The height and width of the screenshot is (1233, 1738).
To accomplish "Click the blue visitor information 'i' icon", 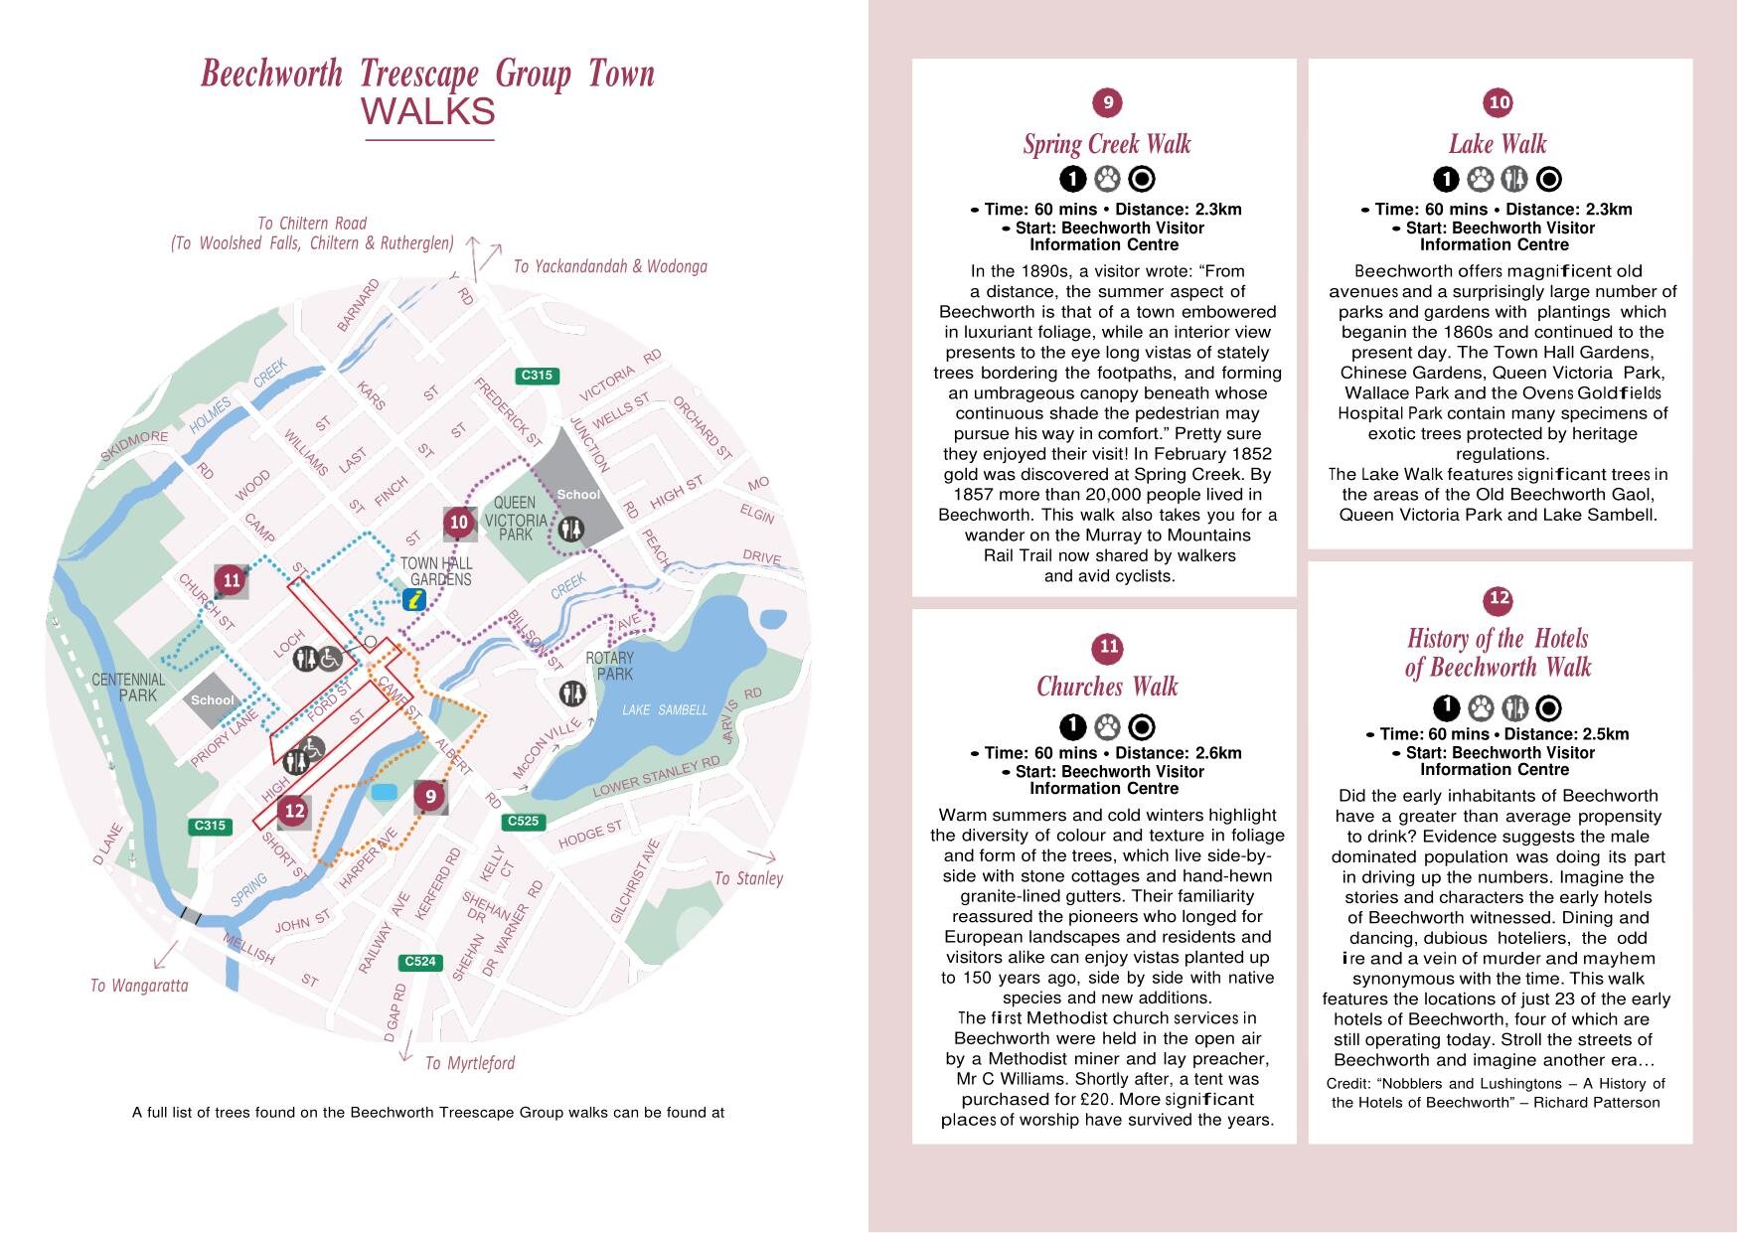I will pos(415,599).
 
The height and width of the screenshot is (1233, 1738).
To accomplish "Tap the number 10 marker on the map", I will pos(458,522).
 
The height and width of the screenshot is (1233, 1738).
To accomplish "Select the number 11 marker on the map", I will pos(232,580).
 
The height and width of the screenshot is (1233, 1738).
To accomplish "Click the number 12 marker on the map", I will pos(294,811).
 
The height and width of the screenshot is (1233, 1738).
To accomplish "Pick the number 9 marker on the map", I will pos(430,796).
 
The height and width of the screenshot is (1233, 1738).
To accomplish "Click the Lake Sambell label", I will pos(665,709).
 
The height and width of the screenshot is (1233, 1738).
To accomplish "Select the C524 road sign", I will pos(420,961).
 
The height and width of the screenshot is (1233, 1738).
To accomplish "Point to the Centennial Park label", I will pos(128,687).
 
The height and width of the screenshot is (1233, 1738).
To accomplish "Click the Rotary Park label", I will pos(609,666).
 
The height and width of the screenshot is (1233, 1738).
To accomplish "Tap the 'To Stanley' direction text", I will pos(748,878).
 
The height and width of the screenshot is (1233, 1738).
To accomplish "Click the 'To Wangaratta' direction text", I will pos(139,986).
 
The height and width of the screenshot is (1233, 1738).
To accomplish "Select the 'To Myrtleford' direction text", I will pos(470,1063).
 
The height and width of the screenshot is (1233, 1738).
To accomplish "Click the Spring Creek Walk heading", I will pos(1106,144).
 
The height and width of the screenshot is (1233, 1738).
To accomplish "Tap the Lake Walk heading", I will pos(1498,144).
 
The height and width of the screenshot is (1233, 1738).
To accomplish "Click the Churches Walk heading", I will pos(1106,687).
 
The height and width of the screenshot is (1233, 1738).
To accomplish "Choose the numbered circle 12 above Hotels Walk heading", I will pos(1499,598).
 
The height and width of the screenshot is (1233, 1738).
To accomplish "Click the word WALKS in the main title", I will pos(428,111).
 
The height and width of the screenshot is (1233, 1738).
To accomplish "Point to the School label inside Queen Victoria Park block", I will pos(578,494).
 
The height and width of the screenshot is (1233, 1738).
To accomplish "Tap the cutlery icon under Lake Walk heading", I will pos(1513,179).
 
